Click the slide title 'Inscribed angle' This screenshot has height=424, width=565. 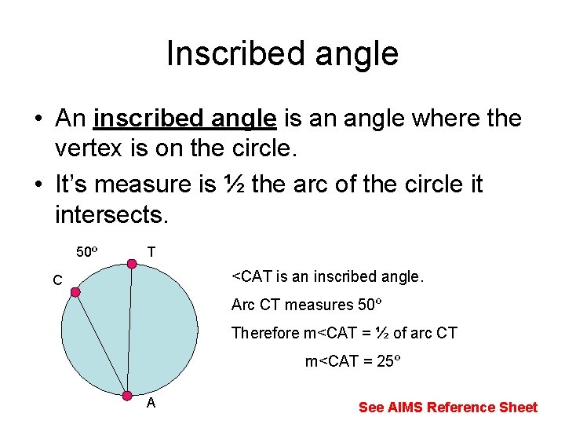pos(282,53)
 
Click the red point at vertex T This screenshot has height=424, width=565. pos(132,264)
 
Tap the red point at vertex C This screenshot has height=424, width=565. pos(75,293)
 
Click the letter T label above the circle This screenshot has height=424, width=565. pos(151,252)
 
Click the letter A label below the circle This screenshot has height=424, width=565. pos(151,404)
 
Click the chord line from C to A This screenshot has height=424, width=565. pos(100,342)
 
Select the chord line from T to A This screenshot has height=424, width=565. pos(129,330)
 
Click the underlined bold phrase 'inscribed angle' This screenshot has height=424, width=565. pos(184,119)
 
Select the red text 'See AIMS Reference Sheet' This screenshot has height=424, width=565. pos(447,407)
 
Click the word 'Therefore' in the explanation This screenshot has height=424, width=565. pos(265,333)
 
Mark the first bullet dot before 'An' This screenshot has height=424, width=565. pos(37,120)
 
